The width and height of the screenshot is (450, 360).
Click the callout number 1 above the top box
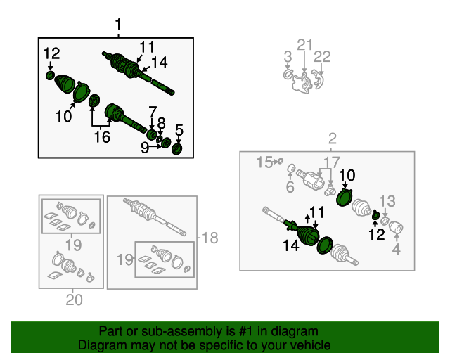tap(118, 25)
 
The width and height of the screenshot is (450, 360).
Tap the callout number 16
tap(102, 137)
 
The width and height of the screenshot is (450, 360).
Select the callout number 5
tap(179, 130)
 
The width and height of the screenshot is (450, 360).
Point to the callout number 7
tap(153, 112)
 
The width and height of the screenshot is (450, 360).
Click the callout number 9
tap(145, 148)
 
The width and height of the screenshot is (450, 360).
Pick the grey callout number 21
tap(304, 45)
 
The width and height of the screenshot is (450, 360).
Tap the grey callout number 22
tap(322, 57)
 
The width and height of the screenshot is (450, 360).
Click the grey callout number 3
tap(288, 56)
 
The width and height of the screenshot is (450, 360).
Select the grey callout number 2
tap(333, 139)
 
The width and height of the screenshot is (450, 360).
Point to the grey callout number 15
tap(264, 162)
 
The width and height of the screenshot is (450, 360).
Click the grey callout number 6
tap(290, 187)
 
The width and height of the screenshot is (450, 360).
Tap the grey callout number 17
tap(332, 162)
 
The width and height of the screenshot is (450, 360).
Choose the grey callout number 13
tap(387, 201)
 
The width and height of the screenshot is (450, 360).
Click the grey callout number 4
tap(397, 249)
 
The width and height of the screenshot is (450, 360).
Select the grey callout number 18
tap(210, 238)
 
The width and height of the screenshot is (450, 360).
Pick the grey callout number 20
tap(74, 300)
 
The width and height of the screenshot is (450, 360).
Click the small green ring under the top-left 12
tap(50, 76)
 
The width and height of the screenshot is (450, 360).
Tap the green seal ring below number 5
tap(177, 149)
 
